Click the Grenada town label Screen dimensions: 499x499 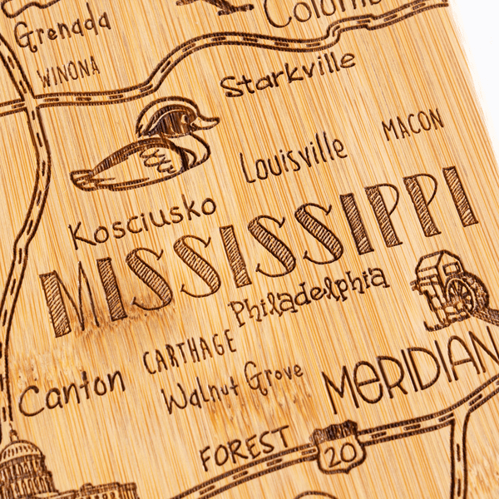[62, 31]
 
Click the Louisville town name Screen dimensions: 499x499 [294, 158]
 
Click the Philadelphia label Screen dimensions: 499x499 [308, 297]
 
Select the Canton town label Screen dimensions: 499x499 [72, 391]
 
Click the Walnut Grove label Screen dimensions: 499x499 [233, 386]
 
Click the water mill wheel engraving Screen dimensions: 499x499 [462, 295]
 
